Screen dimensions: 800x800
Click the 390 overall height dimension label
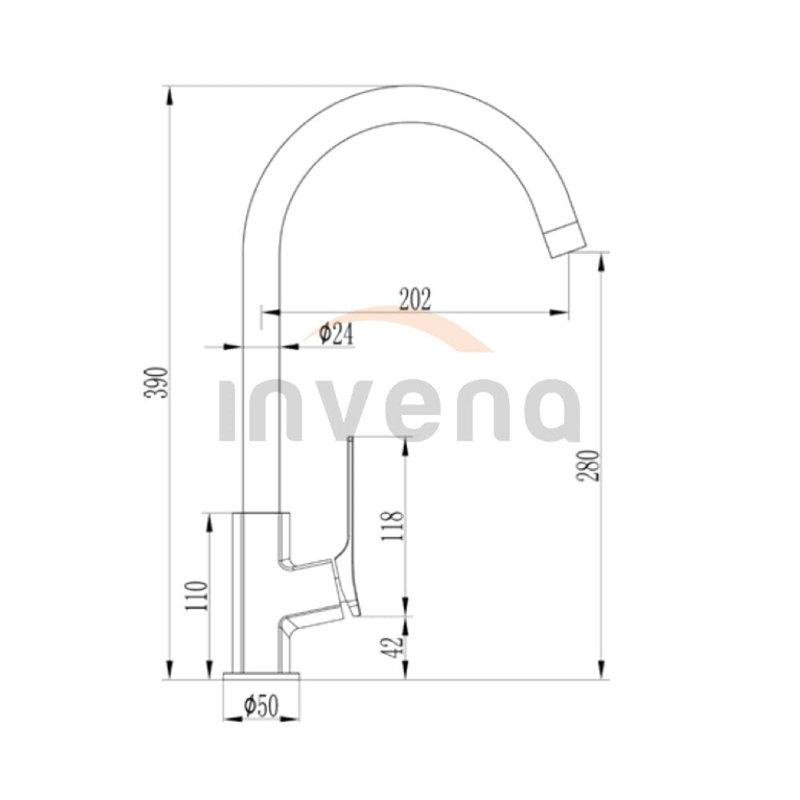coord(156,382)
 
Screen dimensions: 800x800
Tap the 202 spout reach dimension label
coord(414,299)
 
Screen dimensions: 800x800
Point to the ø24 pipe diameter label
coord(336,334)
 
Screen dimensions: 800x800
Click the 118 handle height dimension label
coord(395,526)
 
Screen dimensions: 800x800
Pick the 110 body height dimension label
coord(198,596)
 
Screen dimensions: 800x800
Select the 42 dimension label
coord(395,646)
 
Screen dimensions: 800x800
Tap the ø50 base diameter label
coord(262,706)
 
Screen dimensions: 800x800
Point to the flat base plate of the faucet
coord(262,675)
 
